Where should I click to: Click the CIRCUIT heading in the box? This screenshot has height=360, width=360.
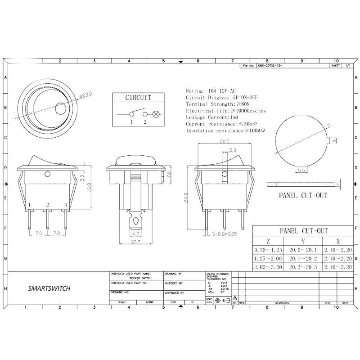138,98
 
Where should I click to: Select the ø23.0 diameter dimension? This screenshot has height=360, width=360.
85,94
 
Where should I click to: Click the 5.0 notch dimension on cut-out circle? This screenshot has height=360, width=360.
302,171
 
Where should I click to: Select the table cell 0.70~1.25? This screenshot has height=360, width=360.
268,249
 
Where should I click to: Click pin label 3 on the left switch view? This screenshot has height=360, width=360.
66,205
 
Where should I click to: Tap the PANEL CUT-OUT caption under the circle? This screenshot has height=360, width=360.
303,195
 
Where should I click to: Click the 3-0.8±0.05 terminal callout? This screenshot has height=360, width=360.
224,234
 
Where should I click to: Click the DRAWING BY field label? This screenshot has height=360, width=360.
173,274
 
